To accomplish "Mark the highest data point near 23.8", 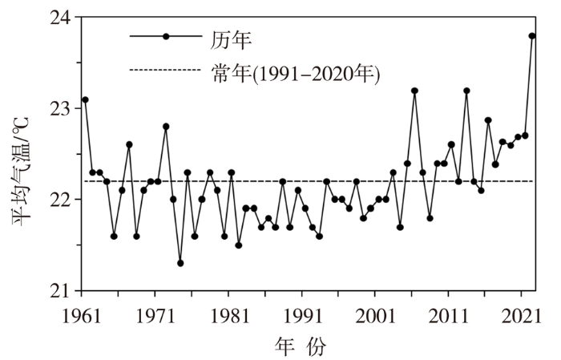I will tap(532, 36).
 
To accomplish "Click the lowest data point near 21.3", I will tap(180, 263).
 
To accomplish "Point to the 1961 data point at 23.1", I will tap(85, 99).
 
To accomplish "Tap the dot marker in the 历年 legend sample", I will tap(166, 37).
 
